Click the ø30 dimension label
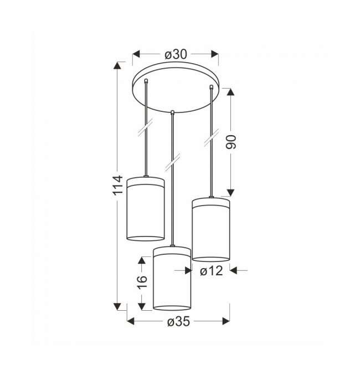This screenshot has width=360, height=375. [x=176, y=54]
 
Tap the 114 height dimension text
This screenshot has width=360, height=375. [x=118, y=186]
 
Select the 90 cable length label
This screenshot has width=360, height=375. [x=231, y=142]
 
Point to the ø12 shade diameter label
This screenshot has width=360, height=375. [x=212, y=271]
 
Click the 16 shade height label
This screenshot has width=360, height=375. [x=142, y=282]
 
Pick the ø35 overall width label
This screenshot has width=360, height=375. [x=178, y=322]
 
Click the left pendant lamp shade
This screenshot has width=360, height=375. [x=146, y=208]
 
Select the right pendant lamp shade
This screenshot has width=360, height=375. [x=211, y=229]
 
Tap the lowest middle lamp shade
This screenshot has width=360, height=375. [x=172, y=279]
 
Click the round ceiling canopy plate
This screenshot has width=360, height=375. [x=176, y=87]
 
